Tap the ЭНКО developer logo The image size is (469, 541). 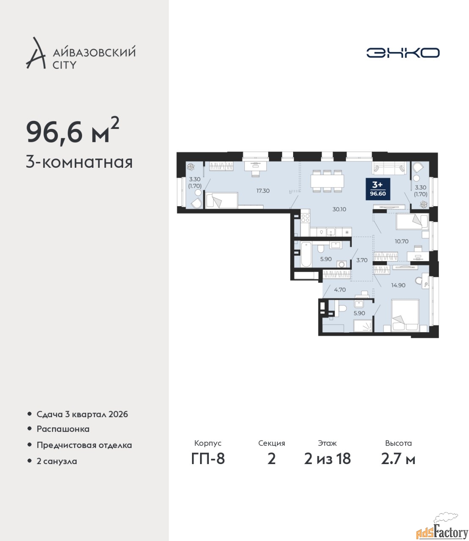coord(403,52)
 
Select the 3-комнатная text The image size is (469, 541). coord(79,163)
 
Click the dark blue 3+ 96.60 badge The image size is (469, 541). coord(378,189)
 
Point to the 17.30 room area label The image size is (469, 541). coord(263,191)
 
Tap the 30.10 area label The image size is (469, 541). coord(339,209)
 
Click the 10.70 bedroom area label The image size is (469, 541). coord(401,241)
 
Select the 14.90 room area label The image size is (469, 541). coord(398,285)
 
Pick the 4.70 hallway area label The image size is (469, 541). coord(340,290)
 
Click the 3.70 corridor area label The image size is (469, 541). coord(362,260)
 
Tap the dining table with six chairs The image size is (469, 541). coord(327,181)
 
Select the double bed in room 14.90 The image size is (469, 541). coord(405,316)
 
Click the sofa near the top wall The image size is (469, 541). coord(389,168)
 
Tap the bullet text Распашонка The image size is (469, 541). coord(63,429)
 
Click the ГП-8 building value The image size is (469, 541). coord(208,459)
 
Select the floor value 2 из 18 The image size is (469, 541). coord(327,459)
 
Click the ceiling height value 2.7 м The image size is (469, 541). coord(398,459)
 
